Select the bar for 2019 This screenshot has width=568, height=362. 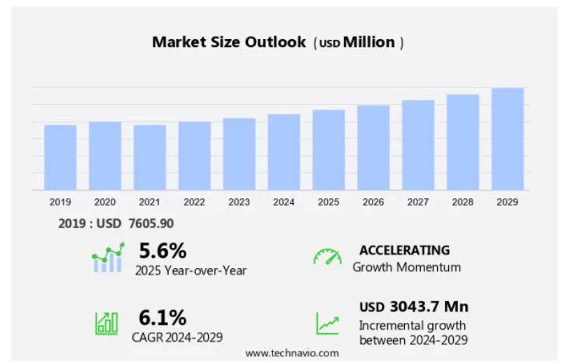[60, 157]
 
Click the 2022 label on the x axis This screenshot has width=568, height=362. [194, 202]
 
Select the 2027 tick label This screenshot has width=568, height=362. [417, 202]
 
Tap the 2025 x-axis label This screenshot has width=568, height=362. [328, 202]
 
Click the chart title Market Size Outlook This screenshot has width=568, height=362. [229, 42]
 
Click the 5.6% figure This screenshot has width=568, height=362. [162, 250]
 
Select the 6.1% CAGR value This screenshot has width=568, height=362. [162, 318]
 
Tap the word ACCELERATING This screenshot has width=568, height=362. [404, 250]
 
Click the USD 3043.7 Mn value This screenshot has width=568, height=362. [413, 307]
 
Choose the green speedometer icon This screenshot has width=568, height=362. [327, 257]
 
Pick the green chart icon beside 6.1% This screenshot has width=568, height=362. [106, 323]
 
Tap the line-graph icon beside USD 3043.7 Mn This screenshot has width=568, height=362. [327, 323]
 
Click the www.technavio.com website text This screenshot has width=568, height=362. [292, 353]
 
